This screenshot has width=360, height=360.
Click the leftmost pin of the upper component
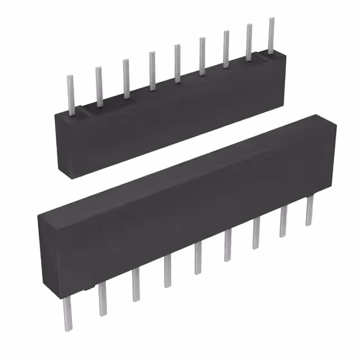(x=71, y=92)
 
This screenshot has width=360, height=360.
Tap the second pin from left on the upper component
(x=98, y=85)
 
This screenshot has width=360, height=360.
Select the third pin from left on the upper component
(x=126, y=78)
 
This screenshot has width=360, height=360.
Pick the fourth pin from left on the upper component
(x=151, y=70)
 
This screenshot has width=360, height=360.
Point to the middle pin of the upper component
(x=177, y=63)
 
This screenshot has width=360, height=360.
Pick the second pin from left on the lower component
(x=102, y=299)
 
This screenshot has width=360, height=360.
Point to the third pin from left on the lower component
(x=135, y=285)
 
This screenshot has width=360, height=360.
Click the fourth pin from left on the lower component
(x=167, y=271)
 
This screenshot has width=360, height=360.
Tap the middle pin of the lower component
(x=198, y=259)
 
